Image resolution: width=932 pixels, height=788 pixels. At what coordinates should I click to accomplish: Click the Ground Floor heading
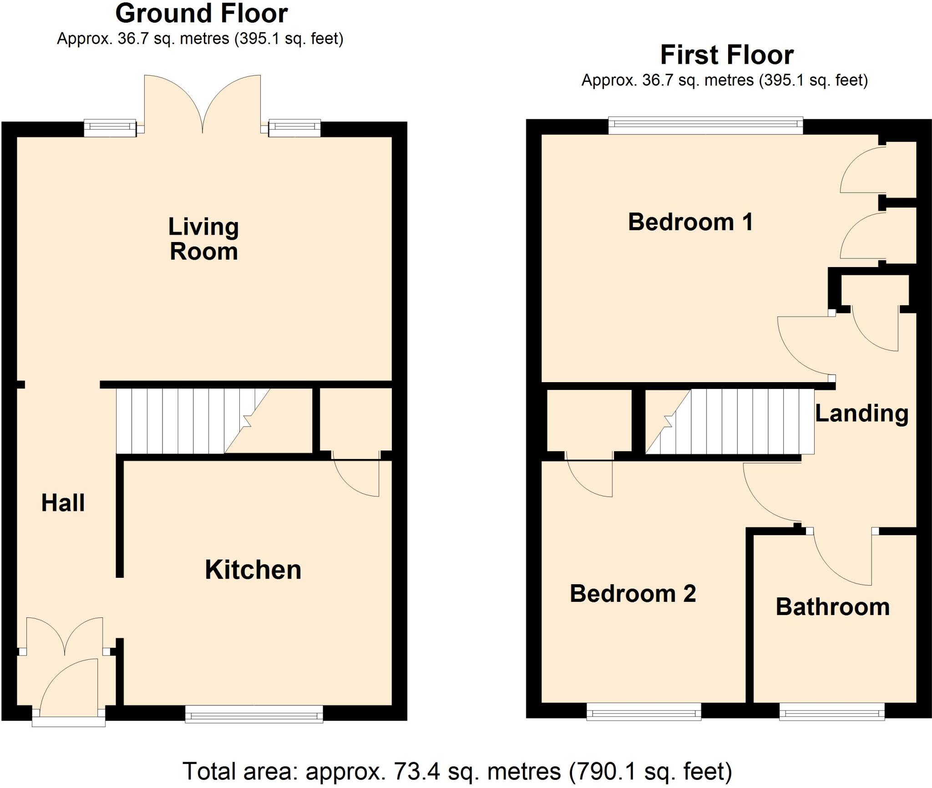click(x=201, y=14)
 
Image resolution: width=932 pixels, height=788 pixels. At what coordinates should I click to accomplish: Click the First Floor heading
click(x=727, y=56)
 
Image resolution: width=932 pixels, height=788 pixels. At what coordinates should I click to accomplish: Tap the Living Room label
click(x=203, y=239)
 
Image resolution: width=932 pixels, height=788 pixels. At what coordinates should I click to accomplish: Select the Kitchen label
click(x=253, y=570)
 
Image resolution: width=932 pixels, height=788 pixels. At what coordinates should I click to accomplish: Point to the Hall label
click(x=63, y=503)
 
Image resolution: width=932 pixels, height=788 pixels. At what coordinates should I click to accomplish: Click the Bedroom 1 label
click(x=690, y=222)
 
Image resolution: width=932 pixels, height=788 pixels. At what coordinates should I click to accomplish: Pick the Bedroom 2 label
click(x=633, y=594)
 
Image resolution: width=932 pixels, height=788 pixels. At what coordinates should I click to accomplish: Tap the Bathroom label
click(x=832, y=607)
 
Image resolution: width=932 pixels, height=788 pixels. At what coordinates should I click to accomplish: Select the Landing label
click(x=861, y=414)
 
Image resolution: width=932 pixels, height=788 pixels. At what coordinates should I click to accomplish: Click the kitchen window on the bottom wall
click(x=254, y=714)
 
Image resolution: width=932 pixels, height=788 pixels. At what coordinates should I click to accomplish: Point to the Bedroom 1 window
click(x=705, y=126)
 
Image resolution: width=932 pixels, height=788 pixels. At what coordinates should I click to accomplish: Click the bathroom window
click(x=832, y=712)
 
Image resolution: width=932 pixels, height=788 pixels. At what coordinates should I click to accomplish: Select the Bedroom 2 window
click(x=643, y=712)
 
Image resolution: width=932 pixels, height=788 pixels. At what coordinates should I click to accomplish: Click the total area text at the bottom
click(x=457, y=771)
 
